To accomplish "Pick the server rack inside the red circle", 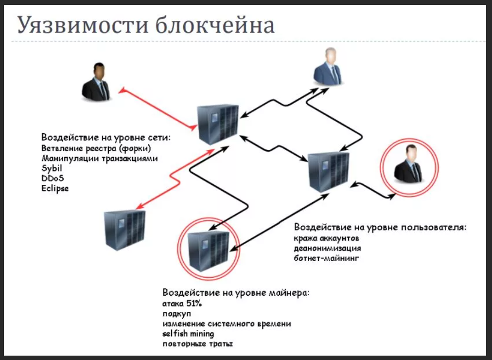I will coord(208,249).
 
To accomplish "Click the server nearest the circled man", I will coord(329,171).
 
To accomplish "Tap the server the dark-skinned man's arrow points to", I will coord(217,125).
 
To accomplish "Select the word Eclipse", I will coord(55,188).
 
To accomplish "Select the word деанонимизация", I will coord(327,248).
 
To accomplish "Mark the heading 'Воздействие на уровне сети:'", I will coord(106,137).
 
